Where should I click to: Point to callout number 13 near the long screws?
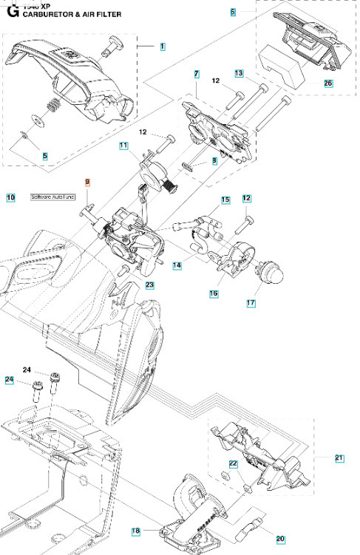coord(239,73)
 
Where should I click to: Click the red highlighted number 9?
coord(87,182)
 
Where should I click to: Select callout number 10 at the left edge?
coord(10,197)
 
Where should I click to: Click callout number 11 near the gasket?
coord(124,146)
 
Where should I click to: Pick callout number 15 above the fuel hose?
coord(225,200)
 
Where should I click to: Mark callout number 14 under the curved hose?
coord(178,264)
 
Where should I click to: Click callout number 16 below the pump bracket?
coord(214,293)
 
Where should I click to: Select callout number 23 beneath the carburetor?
coord(149,285)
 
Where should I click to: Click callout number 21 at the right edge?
coord(339,458)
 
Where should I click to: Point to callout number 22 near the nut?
coord(233,464)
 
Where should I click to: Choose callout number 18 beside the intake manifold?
coord(136,531)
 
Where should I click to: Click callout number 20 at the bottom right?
coord(280,539)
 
